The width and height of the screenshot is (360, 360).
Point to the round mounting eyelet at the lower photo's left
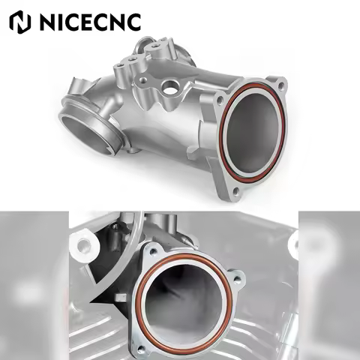[81, 241]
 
